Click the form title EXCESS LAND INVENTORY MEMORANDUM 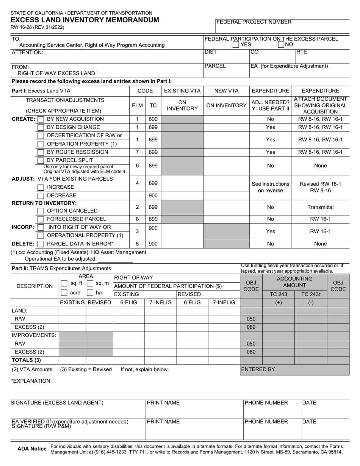click(x=85, y=20)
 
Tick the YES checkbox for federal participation click(x=236, y=45)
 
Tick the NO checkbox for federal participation click(x=281, y=45)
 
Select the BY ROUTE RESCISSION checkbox click(x=41, y=152)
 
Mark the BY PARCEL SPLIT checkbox click(x=41, y=161)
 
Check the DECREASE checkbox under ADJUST click(x=41, y=196)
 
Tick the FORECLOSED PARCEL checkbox click(x=41, y=219)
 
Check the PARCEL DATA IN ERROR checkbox click(x=41, y=244)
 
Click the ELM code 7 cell click(x=137, y=152)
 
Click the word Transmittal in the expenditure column click(x=320, y=207)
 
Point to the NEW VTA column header click(x=226, y=91)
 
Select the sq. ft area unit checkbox click(x=64, y=283)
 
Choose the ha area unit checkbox click(x=90, y=293)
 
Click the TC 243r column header click(x=310, y=294)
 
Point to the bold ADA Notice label click(x=32, y=449)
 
